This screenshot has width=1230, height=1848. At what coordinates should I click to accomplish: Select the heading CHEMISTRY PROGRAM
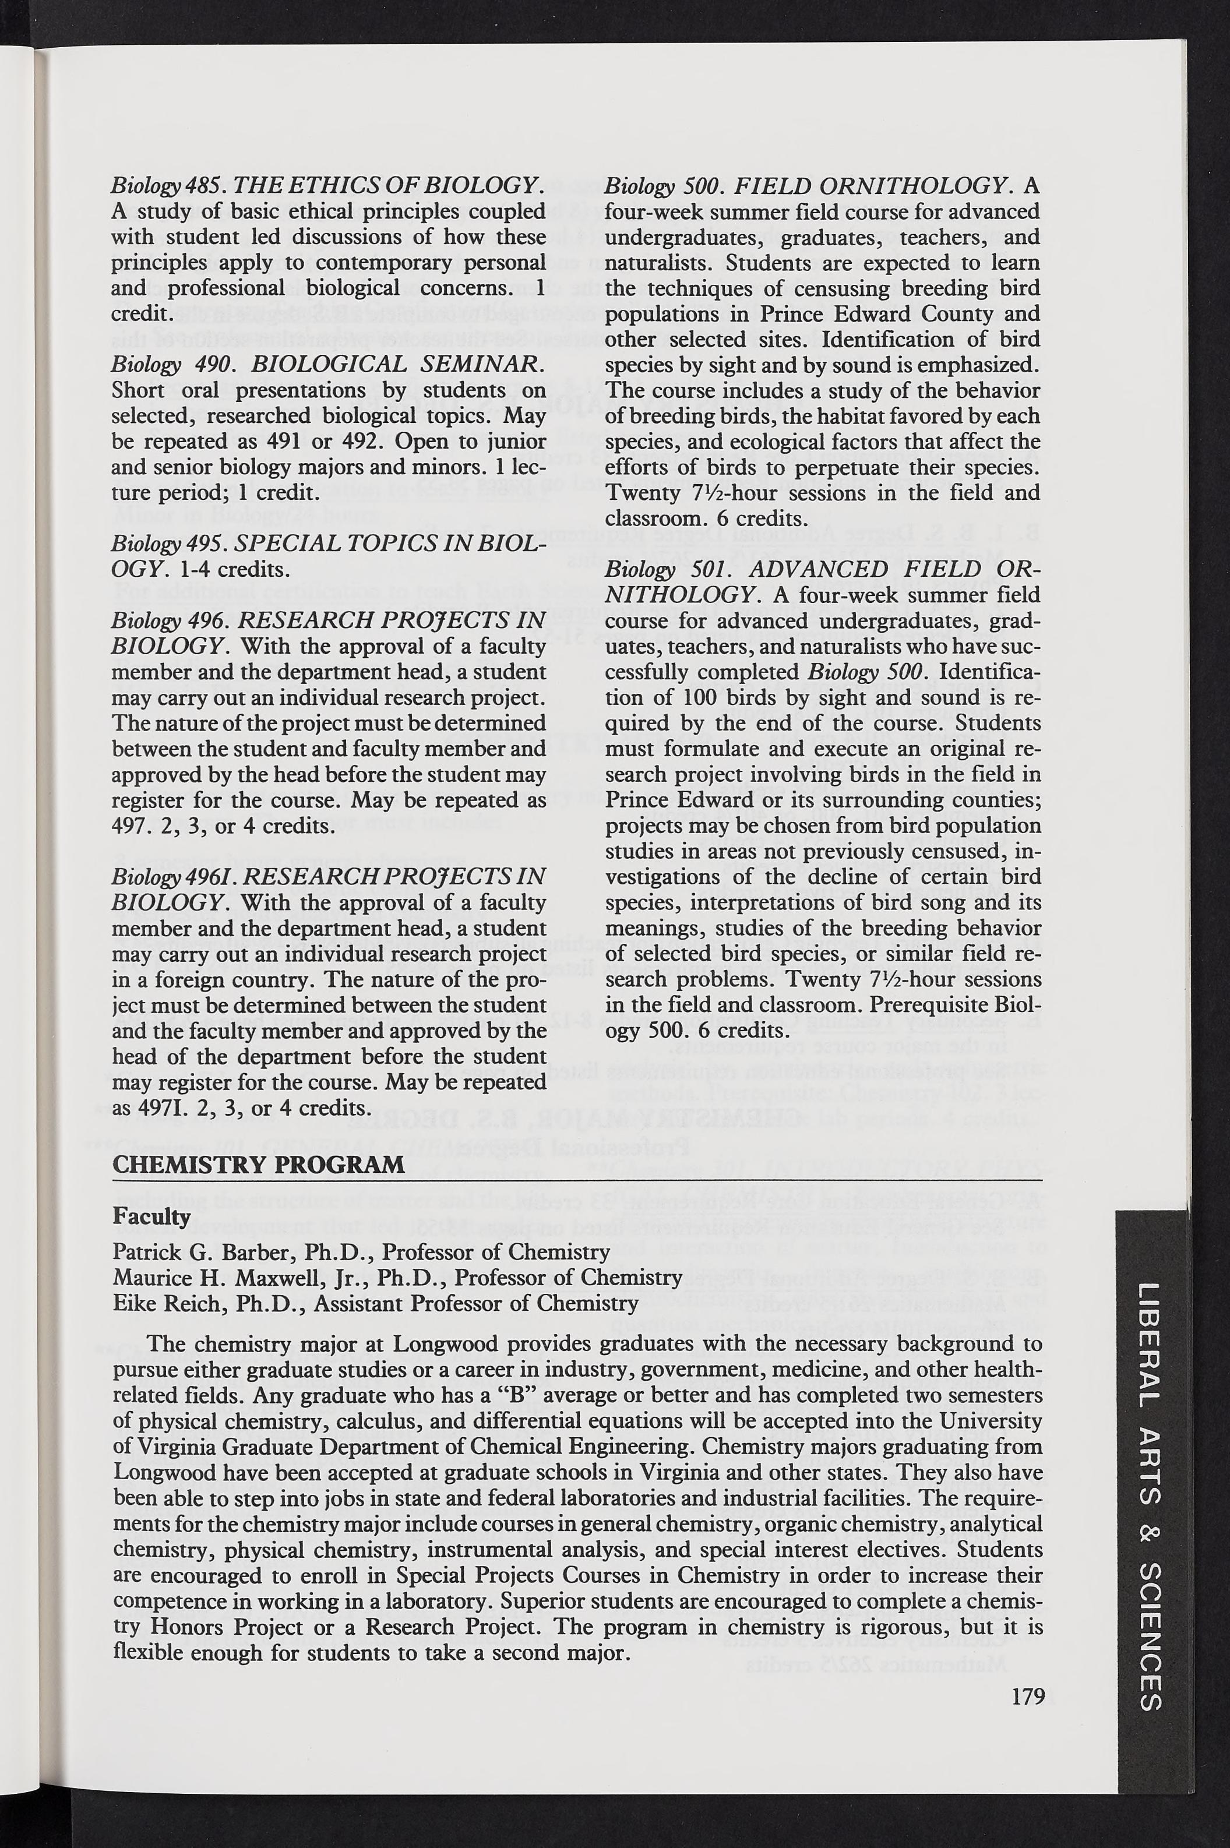pyautogui.click(x=259, y=1163)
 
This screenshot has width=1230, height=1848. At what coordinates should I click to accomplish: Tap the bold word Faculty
pyautogui.click(x=151, y=1216)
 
